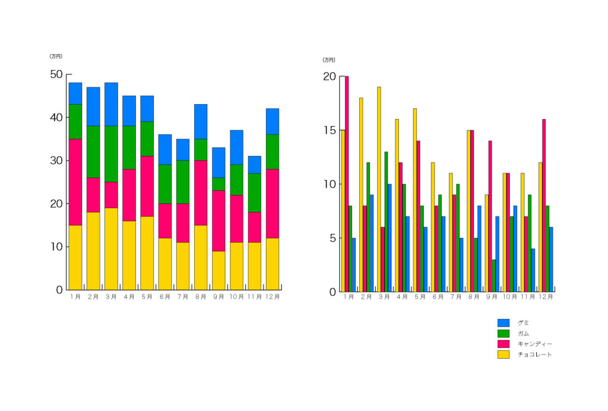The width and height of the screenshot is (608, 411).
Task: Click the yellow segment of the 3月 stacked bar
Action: point(111,249)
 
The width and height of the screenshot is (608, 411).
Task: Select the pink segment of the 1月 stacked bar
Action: point(75,182)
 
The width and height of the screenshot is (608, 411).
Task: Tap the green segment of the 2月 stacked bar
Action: point(93,152)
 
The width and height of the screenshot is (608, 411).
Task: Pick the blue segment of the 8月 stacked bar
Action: point(201,122)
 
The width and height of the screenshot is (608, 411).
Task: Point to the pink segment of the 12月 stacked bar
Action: point(272,203)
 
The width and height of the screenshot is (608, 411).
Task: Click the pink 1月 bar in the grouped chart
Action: point(347,184)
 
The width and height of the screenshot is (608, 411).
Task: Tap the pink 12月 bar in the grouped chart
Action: point(544,205)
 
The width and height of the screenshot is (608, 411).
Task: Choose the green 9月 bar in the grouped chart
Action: point(493,275)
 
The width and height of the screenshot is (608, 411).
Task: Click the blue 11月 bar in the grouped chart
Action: point(533,270)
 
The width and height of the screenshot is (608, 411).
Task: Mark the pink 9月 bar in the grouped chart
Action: point(490,216)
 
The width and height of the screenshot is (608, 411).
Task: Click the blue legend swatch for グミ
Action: point(503,323)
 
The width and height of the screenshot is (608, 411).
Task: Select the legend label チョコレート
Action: point(535,354)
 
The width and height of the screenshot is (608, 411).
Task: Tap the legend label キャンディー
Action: point(535,344)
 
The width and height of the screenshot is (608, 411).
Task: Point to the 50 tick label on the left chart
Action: point(56,74)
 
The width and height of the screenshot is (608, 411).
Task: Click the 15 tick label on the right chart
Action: point(329,130)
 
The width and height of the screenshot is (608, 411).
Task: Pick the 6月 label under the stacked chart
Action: point(165,296)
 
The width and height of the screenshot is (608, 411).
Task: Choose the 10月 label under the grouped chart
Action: point(510,297)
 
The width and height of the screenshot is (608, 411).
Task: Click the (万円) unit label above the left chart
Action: point(56,57)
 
